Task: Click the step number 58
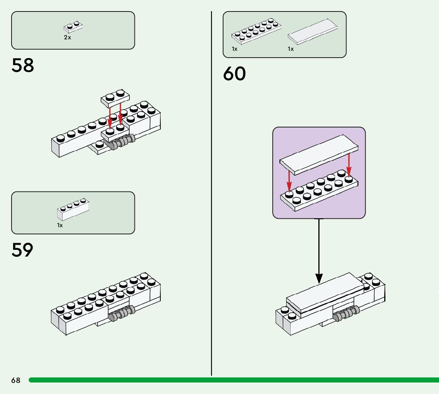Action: tap(23, 66)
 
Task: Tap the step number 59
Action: tap(23, 250)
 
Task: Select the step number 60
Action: tap(234, 74)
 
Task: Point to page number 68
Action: tap(16, 380)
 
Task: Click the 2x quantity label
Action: tap(67, 38)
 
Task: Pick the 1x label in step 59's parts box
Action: tap(60, 225)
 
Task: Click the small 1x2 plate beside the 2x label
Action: tap(73, 27)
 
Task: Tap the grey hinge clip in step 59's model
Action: tap(121, 314)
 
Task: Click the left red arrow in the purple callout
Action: tap(289, 181)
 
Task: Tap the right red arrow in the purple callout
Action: tap(349, 165)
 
